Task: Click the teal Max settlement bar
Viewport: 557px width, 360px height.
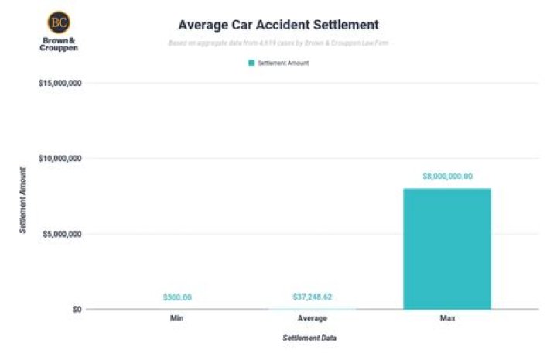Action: click(x=447, y=249)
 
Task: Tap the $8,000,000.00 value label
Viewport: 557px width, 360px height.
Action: click(x=447, y=176)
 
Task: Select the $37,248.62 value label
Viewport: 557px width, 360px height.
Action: click(x=313, y=297)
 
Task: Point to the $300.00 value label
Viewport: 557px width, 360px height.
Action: click(x=177, y=297)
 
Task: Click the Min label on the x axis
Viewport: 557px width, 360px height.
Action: click(x=177, y=318)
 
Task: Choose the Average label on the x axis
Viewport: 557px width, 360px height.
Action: click(x=313, y=318)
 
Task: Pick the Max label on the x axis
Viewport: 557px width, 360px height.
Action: click(x=447, y=318)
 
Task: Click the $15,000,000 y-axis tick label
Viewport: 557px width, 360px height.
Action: click(x=60, y=83)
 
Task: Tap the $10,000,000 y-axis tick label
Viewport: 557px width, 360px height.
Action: click(x=60, y=158)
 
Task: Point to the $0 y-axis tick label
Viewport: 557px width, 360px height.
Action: click(x=76, y=309)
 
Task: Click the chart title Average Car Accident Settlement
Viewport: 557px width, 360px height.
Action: click(x=278, y=25)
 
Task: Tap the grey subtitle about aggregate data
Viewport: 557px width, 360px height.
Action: click(x=278, y=43)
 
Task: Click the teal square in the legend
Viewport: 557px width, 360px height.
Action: click(x=251, y=63)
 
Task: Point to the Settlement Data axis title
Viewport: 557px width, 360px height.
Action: click(x=309, y=338)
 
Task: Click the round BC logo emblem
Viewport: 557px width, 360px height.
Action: click(x=58, y=21)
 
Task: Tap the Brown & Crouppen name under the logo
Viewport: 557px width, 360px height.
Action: click(x=58, y=43)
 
